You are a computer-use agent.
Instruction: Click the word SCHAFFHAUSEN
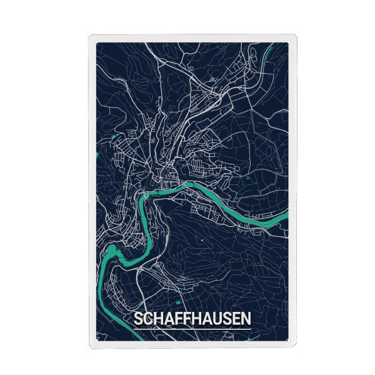tap(192, 319)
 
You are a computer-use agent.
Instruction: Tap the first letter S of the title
tap(138, 319)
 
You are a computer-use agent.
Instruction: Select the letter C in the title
tap(147, 319)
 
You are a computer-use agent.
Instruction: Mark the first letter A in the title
tap(167, 319)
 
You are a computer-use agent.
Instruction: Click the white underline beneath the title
tap(192, 328)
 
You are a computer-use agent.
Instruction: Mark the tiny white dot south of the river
tap(203, 239)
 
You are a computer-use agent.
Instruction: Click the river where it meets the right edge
tap(284, 216)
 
